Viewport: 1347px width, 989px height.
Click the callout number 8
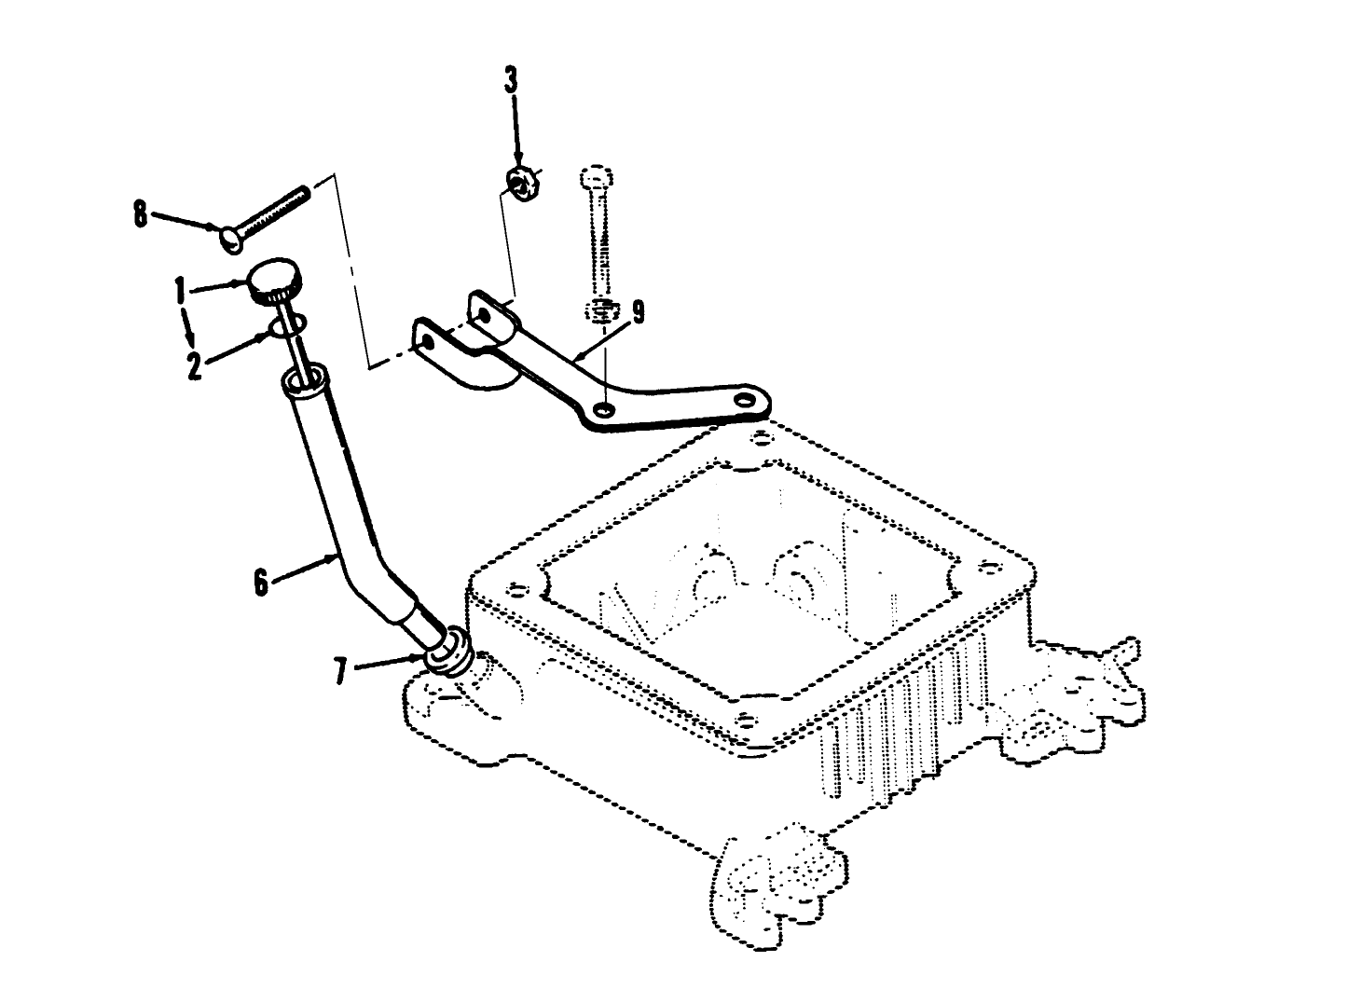[140, 216]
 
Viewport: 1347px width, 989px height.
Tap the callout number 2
[194, 364]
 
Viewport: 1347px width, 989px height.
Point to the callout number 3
[511, 80]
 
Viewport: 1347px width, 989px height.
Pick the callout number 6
[262, 583]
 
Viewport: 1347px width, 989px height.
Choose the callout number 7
[340, 671]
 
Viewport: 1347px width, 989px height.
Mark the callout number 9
[638, 313]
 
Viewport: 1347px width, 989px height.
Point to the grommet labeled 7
[448, 651]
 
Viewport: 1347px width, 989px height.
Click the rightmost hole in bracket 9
[744, 398]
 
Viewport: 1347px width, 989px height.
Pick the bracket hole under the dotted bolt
[606, 408]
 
